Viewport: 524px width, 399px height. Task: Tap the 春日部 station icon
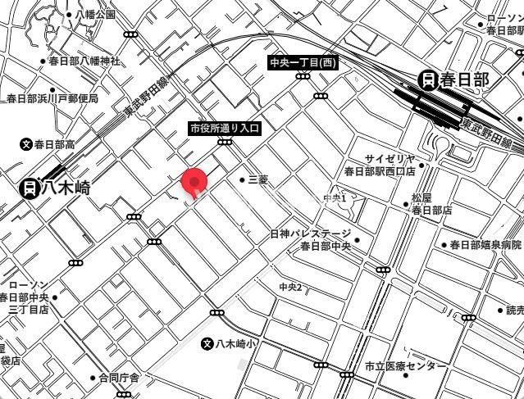427,79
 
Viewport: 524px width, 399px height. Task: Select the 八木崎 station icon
30,188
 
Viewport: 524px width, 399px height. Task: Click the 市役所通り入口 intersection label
224,129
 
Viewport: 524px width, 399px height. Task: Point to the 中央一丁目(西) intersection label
303,63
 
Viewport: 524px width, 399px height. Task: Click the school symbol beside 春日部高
26,144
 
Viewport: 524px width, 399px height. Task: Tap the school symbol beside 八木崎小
207,343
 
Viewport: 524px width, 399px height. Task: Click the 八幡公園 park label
95,15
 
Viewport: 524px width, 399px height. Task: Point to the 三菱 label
257,179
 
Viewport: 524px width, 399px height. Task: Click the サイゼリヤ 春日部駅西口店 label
379,165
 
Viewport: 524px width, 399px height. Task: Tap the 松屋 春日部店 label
431,204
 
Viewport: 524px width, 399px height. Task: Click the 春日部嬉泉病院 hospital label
485,245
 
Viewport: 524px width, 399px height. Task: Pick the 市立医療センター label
406,365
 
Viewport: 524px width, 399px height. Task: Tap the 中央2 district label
290,287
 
